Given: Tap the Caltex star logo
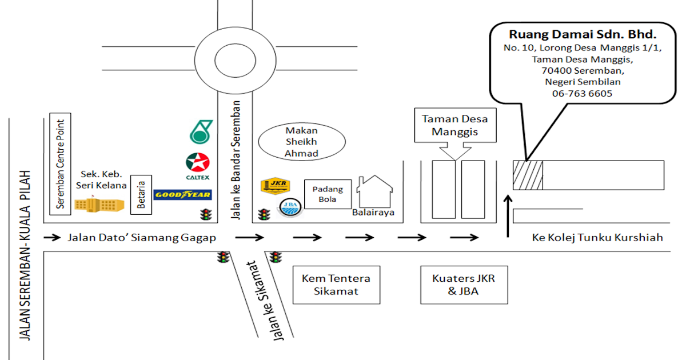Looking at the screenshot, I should pos(197,165).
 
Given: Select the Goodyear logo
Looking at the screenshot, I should pos(183,195).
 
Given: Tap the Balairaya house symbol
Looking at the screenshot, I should pos(374,192).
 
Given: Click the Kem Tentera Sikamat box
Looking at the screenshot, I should pos(336,285).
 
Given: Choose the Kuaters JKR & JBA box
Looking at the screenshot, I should pos(464,285).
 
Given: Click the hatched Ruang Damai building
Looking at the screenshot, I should pos(527,175).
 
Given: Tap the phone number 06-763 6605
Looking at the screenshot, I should pos(582,93).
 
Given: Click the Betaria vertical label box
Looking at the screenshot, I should pos(142,194).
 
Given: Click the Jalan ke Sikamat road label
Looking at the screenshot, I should pos(263,301).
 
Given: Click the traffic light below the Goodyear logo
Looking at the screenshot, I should pos(204,215).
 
